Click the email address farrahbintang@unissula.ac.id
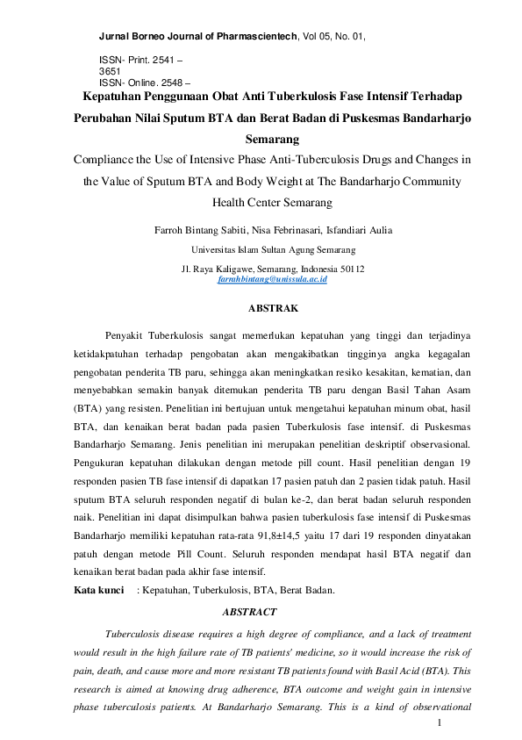tap(272, 278)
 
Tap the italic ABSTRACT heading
tap(249, 611)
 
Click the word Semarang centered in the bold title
tap(272, 139)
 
